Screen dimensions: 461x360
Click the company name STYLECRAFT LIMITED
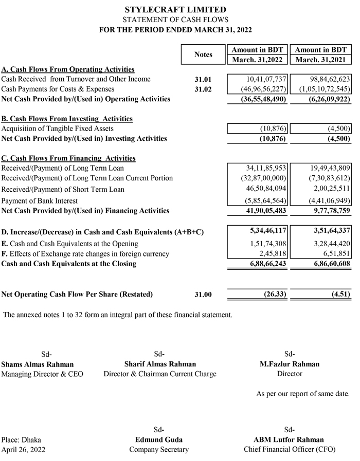pyautogui.click(x=175, y=10)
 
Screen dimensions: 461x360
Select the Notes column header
pyautogui.click(x=203, y=54)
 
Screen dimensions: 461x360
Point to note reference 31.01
pyautogui.click(x=203, y=80)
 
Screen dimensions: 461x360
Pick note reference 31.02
pyautogui.click(x=203, y=89)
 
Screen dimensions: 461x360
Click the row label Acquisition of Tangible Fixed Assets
pyautogui.click(x=58, y=128)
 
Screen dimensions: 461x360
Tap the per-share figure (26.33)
pyautogui.click(x=271, y=294)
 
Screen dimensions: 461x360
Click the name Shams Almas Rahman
pyautogui.click(x=38, y=364)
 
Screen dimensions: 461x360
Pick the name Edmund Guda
pyautogui.click(x=159, y=439)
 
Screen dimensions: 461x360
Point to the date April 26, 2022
pyautogui.click(x=24, y=450)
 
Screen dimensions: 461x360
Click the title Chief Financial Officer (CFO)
pyautogui.click(x=289, y=450)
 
